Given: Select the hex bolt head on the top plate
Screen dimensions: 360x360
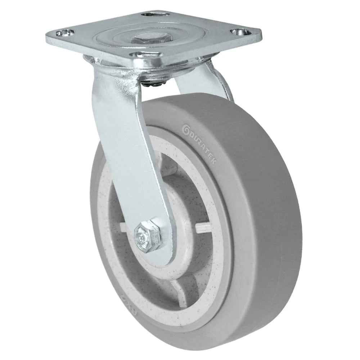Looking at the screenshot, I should pyautogui.click(x=144, y=38).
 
